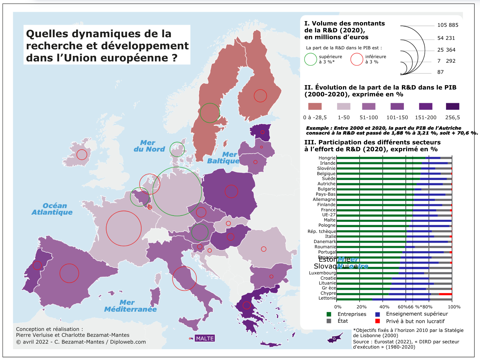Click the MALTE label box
205,338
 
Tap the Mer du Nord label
149,146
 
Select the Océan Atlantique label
52,209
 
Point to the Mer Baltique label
223,157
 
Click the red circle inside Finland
260,96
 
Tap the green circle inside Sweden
210,113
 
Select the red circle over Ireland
82,155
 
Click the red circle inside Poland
231,191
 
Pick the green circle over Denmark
177,149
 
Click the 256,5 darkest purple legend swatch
453,106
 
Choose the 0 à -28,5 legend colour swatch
315,106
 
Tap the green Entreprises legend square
329,314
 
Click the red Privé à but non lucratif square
378,321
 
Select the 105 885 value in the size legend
448,25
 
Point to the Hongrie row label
327,158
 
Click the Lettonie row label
327,298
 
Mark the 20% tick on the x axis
361,307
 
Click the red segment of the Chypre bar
445,294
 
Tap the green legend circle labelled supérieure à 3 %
311,59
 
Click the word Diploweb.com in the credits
128,342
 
